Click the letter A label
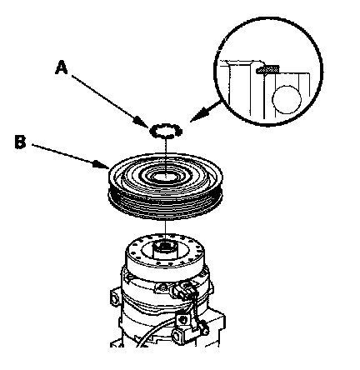62,67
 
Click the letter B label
20,142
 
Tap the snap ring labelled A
166,130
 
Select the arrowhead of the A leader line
142,122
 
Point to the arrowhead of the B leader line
101,164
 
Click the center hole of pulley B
166,177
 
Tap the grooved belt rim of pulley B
165,202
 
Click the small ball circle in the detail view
287,99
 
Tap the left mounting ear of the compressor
115,297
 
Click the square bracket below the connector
182,318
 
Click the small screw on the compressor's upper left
128,277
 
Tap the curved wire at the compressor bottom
156,332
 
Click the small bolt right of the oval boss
205,332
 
